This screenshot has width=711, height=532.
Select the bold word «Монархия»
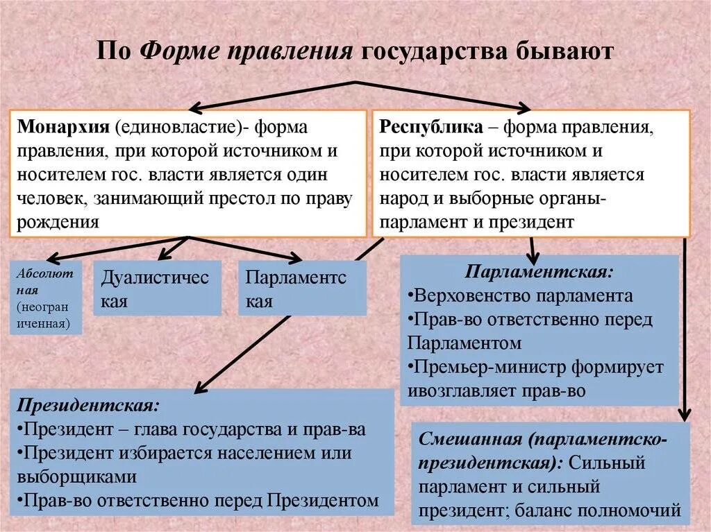pos(63,128)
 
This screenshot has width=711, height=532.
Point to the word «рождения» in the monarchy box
pos(58,221)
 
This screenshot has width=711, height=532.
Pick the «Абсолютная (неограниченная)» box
pos(46,298)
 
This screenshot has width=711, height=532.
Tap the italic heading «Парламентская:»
pos(539,271)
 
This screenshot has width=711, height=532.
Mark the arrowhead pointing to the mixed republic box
pos(684,416)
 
